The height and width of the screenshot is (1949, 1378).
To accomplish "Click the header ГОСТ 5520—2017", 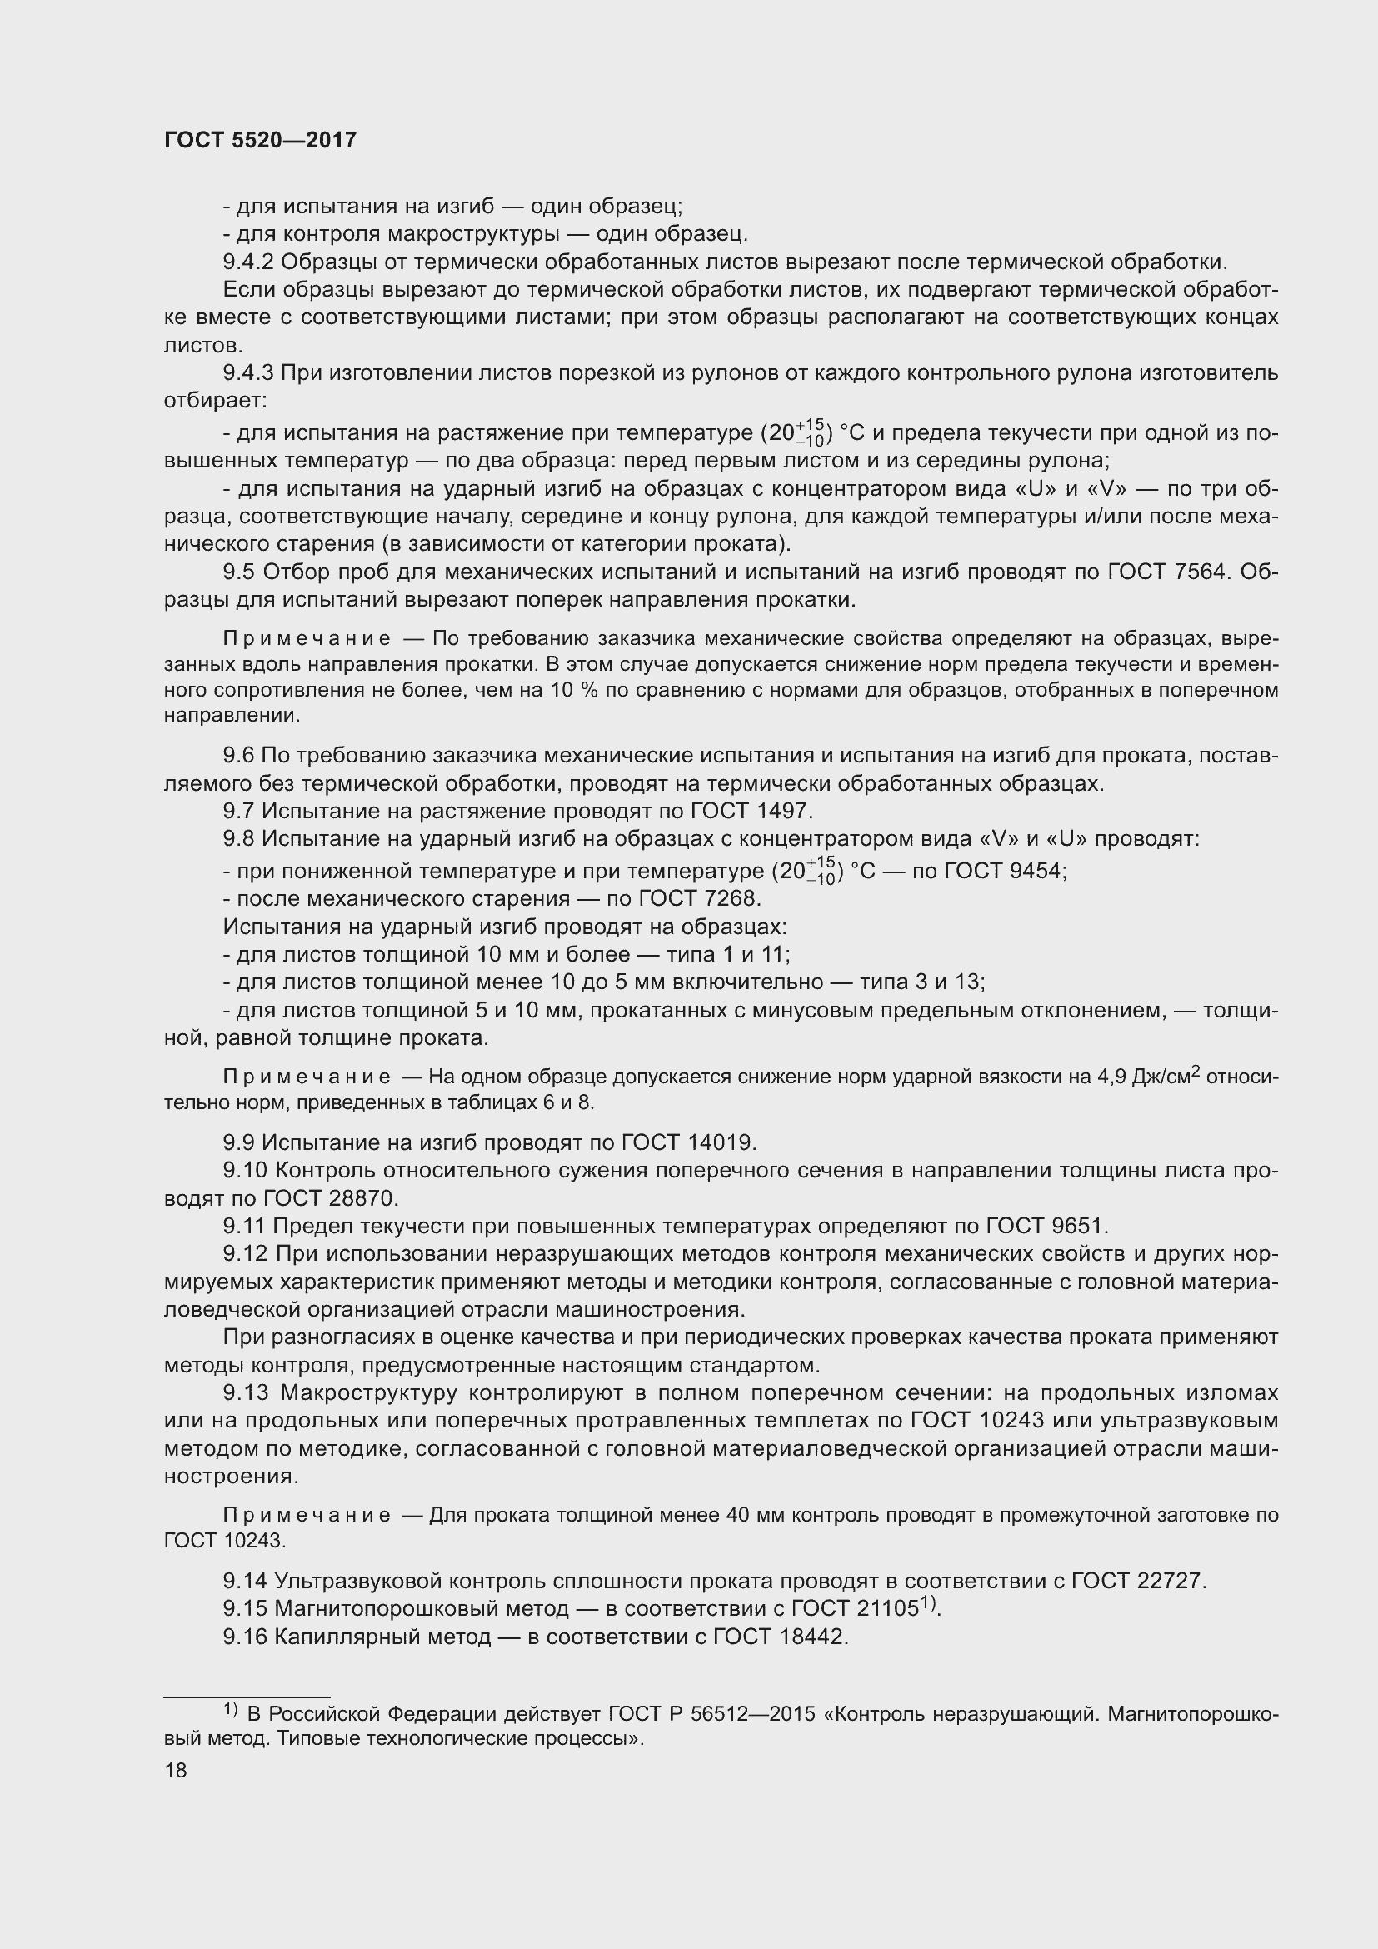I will coord(260,140).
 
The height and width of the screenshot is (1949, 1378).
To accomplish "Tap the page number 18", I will coord(176,1770).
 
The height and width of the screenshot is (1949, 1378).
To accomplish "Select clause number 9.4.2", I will coord(248,262).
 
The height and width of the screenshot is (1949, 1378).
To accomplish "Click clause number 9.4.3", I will coord(248,372).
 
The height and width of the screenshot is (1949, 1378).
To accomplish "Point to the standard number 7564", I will coord(1198,572).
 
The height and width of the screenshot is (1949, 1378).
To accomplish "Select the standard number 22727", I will coord(1175,1581).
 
